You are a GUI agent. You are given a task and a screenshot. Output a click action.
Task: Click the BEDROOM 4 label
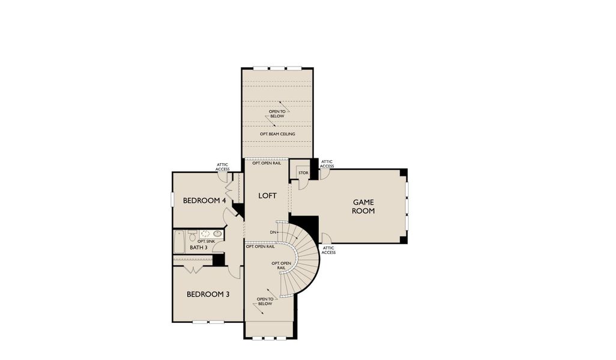pos(204,200)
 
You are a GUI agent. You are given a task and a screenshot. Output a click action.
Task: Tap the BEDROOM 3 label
pos(207,294)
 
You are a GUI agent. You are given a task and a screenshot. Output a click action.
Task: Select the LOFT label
pos(267,196)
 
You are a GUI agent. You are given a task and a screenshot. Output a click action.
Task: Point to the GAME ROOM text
pos(363,207)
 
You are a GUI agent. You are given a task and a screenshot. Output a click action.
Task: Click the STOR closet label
pos(303,173)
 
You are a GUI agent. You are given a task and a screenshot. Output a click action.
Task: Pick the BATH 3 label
pos(198,247)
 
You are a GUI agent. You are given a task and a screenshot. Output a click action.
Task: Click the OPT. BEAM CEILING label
pos(277,134)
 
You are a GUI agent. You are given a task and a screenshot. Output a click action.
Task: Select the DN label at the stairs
pos(274,232)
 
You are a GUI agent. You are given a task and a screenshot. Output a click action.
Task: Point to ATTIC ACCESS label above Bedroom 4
pos(223,167)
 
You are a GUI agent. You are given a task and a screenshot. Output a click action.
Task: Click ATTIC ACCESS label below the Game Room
pos(328,250)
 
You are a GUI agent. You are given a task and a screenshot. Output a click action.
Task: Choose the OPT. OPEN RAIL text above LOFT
pos(267,163)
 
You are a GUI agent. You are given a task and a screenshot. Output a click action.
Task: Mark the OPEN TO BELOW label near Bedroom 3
pos(265,301)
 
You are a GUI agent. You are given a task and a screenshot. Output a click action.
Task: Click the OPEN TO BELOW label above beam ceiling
pos(277,113)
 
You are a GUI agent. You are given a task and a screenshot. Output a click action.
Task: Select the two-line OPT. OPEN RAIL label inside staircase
pos(282,266)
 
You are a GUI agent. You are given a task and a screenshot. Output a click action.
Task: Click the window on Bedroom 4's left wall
pos(172,199)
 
